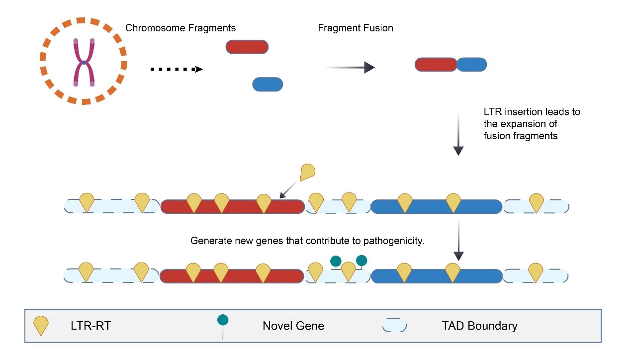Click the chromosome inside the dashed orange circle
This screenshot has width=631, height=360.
[x=84, y=63]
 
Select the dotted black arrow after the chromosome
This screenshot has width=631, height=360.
[x=177, y=69]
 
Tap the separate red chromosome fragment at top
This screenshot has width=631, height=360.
[x=247, y=47]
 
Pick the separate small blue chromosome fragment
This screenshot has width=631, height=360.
[x=268, y=84]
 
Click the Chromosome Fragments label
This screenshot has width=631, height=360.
[x=180, y=28]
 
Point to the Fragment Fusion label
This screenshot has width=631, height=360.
[x=356, y=28]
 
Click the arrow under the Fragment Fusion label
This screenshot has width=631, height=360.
[x=350, y=67]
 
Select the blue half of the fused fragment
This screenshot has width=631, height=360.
[x=471, y=65]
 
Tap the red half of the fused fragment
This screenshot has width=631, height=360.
[x=436, y=65]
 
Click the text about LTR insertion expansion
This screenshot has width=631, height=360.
[x=532, y=123]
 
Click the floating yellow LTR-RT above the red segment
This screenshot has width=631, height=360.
[x=308, y=172]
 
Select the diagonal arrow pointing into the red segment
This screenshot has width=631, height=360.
[x=289, y=190]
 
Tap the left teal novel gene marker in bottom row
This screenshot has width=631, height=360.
[x=336, y=261]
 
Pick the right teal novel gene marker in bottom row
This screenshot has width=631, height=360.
[x=361, y=261]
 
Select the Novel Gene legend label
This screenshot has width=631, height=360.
[x=293, y=326]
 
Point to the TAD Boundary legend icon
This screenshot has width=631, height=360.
[x=394, y=326]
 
